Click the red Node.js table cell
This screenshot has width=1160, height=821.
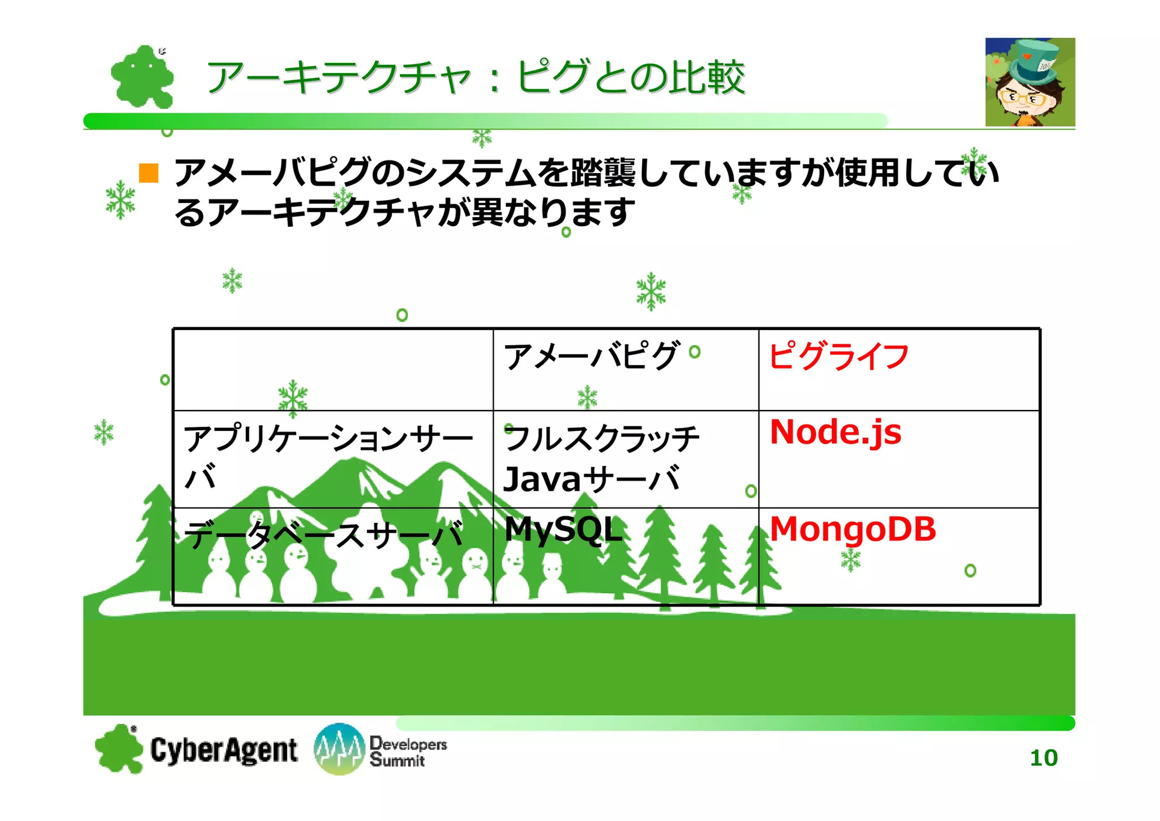835,433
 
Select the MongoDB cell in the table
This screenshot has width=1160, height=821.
852,530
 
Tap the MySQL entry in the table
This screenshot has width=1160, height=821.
563,530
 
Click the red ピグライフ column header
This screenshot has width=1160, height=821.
839,355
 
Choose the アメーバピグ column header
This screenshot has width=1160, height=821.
591,355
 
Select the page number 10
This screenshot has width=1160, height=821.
1043,758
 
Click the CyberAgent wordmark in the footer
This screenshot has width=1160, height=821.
224,750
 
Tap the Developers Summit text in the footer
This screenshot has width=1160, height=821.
408,751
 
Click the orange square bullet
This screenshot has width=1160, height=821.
149,173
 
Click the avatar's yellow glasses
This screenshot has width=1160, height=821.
1021,97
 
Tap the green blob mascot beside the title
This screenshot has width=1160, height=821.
143,77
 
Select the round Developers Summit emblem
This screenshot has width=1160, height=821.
340,749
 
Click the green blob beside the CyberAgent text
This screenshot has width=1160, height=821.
119,748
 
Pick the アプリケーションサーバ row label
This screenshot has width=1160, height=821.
328,457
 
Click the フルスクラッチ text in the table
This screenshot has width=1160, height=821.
602,438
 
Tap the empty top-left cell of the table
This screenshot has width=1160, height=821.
333,370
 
